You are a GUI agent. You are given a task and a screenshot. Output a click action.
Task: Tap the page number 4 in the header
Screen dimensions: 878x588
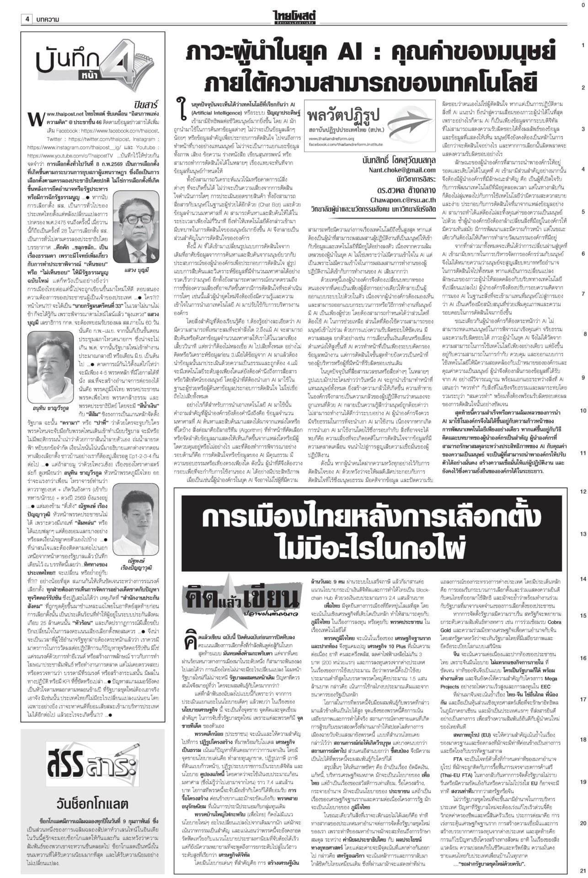[27, 19]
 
